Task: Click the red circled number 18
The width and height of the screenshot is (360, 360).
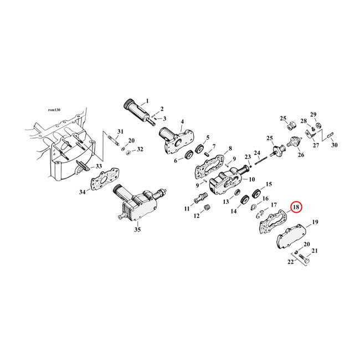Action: click(296, 208)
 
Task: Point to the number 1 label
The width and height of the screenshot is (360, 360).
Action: click(147, 101)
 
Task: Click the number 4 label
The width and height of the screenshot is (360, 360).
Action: click(182, 122)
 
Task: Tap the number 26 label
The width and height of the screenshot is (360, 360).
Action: click(301, 155)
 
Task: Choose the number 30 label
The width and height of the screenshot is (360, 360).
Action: click(333, 145)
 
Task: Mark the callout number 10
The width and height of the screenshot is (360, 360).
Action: click(251, 179)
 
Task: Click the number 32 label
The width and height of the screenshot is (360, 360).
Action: click(140, 150)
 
